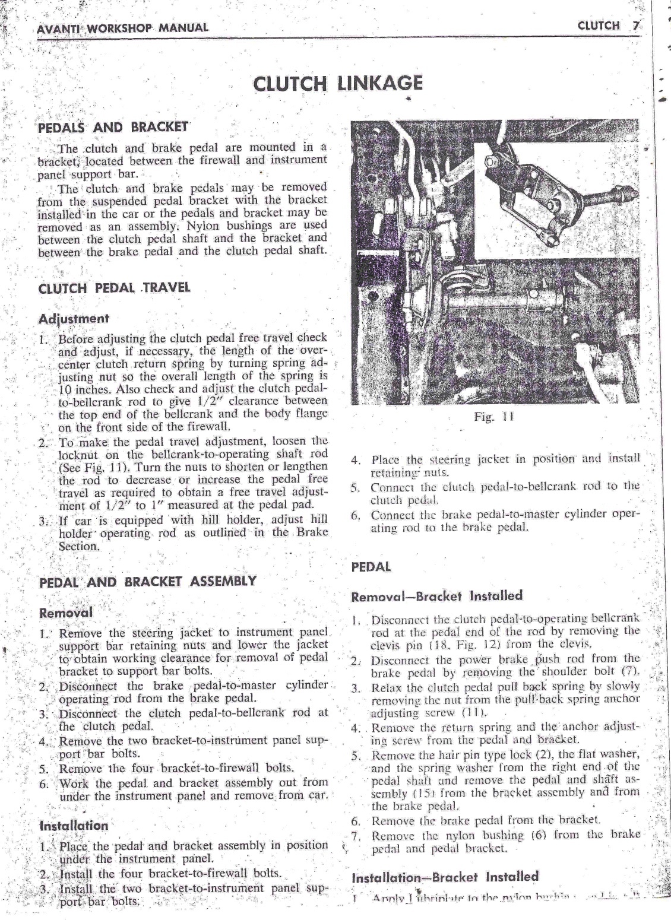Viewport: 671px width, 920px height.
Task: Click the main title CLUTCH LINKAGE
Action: (337, 83)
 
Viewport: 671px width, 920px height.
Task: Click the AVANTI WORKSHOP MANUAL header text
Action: (122, 28)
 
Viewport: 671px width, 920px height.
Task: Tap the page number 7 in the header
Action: (635, 26)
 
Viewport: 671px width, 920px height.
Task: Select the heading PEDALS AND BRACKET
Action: (113, 126)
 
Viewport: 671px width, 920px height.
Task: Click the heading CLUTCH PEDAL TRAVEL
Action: (114, 288)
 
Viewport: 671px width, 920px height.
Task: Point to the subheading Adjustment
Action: (74, 318)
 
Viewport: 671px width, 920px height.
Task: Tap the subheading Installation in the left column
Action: (74, 825)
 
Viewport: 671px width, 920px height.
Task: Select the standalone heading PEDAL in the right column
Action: (371, 567)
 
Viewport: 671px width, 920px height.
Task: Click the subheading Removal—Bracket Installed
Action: (436, 596)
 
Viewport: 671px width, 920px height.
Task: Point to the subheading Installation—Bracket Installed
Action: (445, 877)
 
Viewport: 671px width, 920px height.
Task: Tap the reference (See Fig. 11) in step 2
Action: (92, 466)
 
